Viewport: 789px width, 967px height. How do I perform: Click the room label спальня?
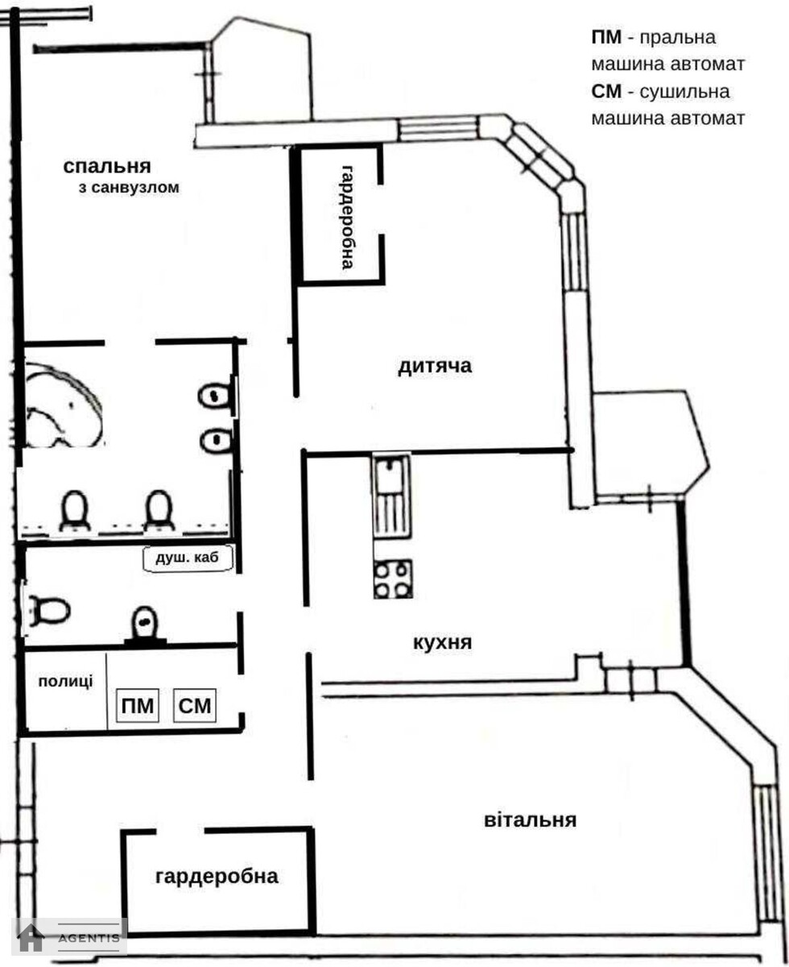[x=107, y=167]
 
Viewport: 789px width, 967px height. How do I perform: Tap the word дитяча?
[x=435, y=367]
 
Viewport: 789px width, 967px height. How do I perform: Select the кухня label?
[x=442, y=642]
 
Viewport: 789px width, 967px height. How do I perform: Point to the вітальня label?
[x=530, y=820]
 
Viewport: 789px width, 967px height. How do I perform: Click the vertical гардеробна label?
[x=349, y=217]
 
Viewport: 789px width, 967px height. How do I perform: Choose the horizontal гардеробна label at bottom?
[x=217, y=877]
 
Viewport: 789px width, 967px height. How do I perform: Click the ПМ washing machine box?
[x=138, y=706]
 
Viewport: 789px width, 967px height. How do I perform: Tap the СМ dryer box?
[x=195, y=706]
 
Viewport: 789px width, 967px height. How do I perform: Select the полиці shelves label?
[x=65, y=682]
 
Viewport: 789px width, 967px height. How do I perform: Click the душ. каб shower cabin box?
[x=188, y=558]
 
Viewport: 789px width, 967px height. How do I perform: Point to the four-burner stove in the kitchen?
[x=393, y=579]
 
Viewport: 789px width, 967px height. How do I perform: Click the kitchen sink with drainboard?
[x=391, y=496]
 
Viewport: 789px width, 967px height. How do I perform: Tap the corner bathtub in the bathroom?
[x=63, y=406]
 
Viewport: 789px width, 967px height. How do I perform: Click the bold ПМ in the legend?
[x=606, y=38]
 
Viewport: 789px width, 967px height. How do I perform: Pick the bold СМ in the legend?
[x=606, y=92]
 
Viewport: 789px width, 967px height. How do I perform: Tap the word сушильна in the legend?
[x=684, y=92]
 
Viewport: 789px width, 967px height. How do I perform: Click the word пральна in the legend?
[x=678, y=38]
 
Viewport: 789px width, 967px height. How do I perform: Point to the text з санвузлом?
[x=129, y=188]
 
